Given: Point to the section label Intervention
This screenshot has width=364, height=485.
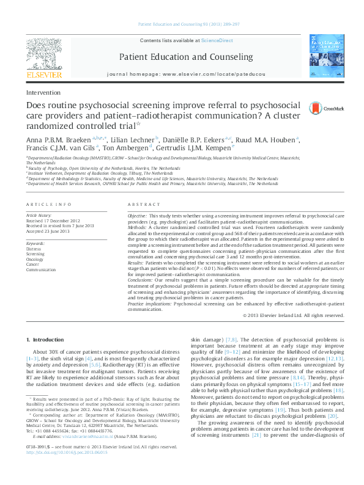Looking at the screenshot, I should pyautogui.click(x=43, y=93).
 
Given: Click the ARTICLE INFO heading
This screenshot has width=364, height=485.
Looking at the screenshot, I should pyautogui.click(x=48, y=203).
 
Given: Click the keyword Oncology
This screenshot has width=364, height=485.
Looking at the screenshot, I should pyautogui.click(x=35, y=258).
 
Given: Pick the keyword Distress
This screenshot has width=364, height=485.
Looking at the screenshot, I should pyautogui.click(x=34, y=249).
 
